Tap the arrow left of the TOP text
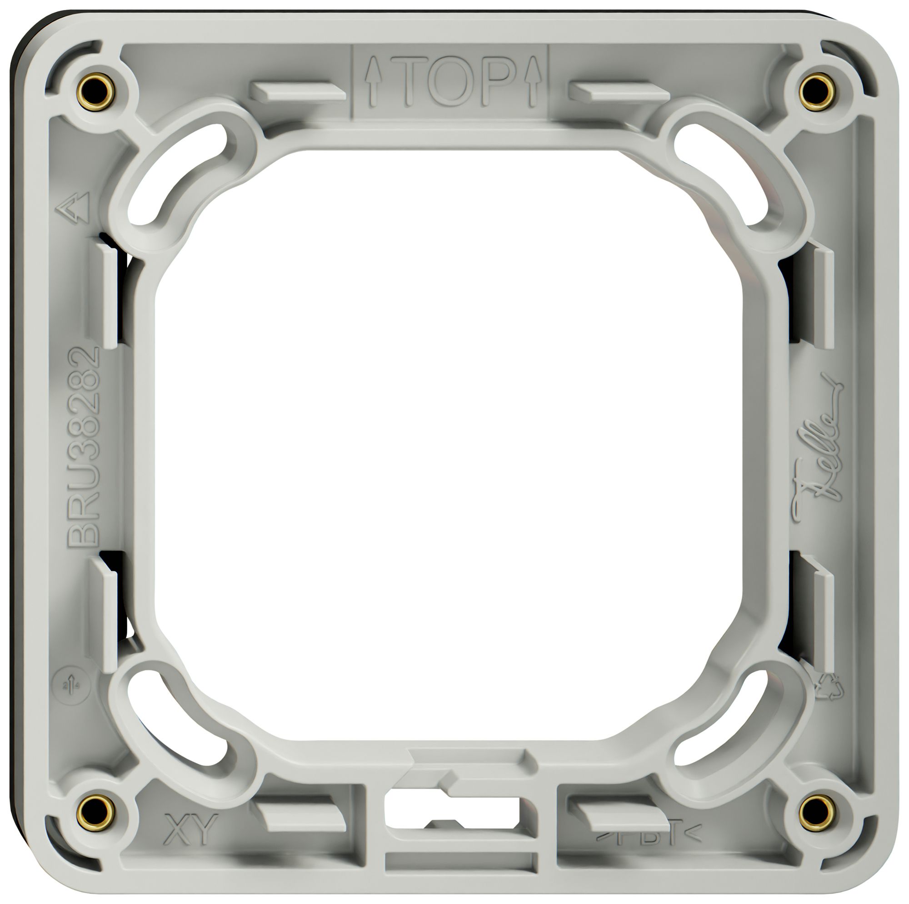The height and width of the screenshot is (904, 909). [373, 81]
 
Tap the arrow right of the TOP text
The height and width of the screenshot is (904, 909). [533, 81]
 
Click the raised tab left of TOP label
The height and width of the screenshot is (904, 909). [297, 91]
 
